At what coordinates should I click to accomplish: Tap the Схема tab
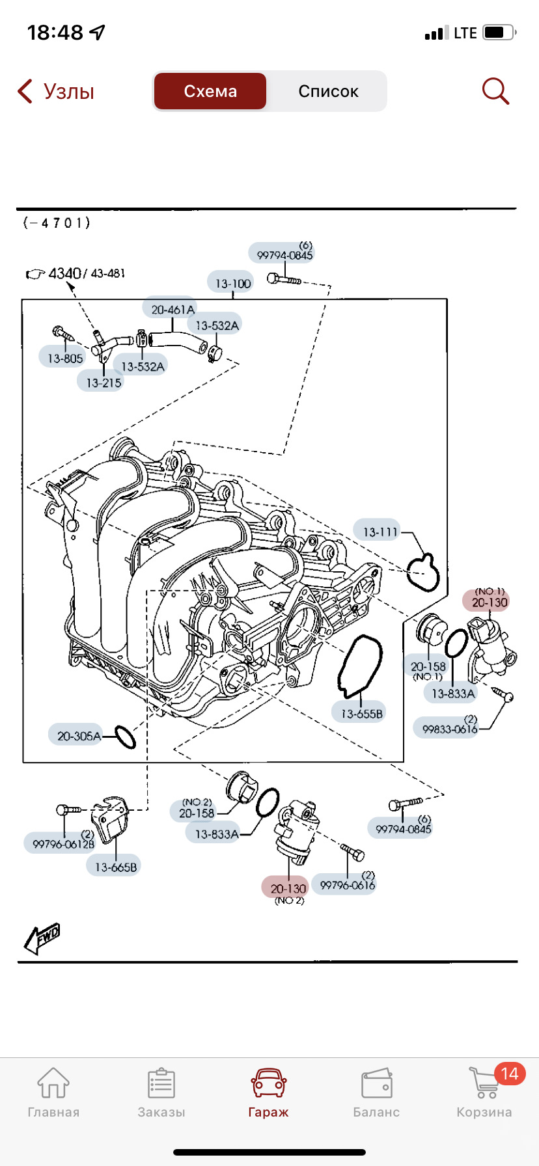[210, 91]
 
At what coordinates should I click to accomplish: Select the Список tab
[328, 91]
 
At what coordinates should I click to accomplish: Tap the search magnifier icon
[495, 91]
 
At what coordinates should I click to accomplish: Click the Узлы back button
[56, 91]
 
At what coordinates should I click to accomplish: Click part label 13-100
[232, 283]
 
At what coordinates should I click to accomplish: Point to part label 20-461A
[173, 310]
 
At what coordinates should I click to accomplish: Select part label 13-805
[65, 358]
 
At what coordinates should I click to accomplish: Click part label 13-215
[104, 383]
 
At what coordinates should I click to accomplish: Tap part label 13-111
[380, 532]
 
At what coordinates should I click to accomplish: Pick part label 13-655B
[362, 714]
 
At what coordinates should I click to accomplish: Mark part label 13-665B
[115, 867]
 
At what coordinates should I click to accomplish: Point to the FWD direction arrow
[42, 939]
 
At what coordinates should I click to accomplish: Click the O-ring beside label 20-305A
[126, 737]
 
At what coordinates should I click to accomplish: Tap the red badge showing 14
[510, 1073]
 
